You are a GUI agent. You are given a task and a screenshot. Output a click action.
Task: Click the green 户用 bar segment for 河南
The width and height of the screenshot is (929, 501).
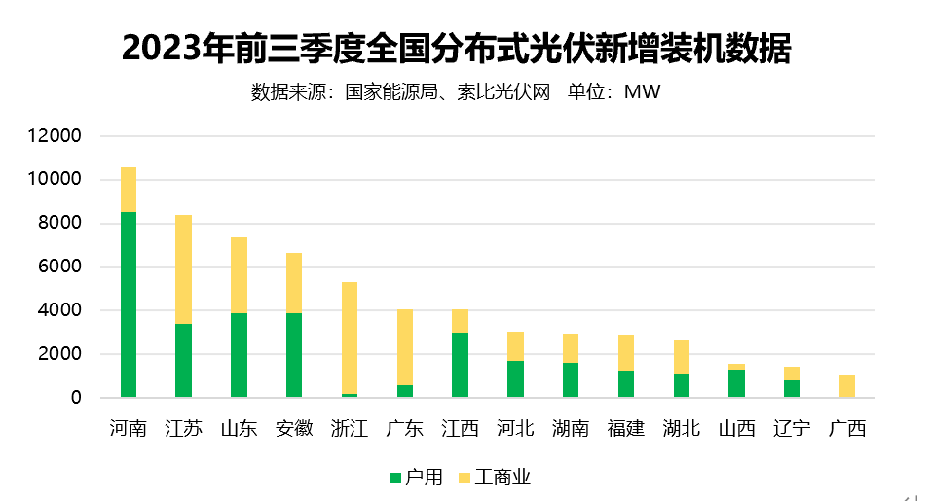pos(129,304)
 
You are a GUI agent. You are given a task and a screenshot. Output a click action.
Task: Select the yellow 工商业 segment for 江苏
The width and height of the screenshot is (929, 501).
pos(183,269)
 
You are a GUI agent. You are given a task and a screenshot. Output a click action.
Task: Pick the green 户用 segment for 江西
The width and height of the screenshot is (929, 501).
pos(460,365)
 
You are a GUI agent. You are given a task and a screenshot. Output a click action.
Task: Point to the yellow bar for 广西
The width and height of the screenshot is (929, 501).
pos(847,385)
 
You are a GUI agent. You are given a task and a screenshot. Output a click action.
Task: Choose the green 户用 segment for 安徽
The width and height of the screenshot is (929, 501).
pos(294,355)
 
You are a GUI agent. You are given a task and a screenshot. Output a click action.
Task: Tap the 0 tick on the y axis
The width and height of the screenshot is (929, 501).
pos(76,398)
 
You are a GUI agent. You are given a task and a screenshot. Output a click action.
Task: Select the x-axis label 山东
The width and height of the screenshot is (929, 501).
pos(239,428)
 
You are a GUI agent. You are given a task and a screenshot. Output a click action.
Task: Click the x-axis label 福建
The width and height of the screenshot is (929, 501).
pos(625,428)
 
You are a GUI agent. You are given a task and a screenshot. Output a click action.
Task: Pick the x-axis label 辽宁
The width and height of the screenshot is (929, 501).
pos(792,428)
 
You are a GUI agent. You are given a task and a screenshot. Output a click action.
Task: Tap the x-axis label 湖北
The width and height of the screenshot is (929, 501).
pos(681,428)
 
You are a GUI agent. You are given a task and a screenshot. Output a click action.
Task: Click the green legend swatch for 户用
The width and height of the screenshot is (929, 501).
pos(394,478)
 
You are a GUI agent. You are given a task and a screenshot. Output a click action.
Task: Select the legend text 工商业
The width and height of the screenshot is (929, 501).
pos(502,478)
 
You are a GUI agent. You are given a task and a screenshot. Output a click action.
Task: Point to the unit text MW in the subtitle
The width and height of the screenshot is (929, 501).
pos(643,92)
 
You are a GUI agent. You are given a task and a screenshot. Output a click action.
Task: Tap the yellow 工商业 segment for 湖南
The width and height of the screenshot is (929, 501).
pos(571,348)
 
